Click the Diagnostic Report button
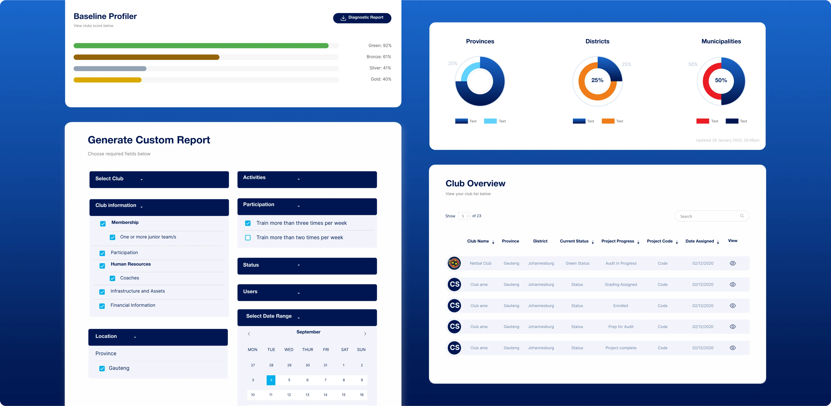[362, 18]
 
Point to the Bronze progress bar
[146, 57]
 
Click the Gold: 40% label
[381, 79]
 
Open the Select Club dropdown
[159, 179]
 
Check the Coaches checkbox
[113, 278]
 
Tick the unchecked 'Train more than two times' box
[248, 238]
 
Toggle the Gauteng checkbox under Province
[102, 368]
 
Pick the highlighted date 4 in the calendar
[271, 380]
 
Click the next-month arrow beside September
[365, 334]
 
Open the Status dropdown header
[307, 266]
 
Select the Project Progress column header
[617, 241]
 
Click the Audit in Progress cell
[621, 264]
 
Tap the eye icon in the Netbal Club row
[733, 264]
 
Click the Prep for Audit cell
[621, 327]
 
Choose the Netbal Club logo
[454, 264]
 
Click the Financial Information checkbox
[102, 306]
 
